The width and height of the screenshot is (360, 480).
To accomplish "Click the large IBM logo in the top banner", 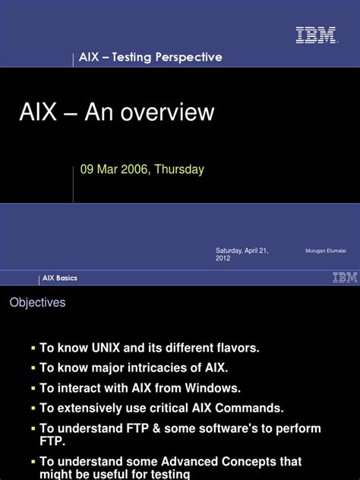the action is coord(316,35).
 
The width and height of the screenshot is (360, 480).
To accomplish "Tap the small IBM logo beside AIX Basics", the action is coord(345,276).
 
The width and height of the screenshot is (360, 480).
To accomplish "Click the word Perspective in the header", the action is coord(188,57).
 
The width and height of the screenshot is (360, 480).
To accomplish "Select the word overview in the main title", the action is coord(167,112).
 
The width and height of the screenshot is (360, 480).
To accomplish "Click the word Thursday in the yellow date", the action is coord(179,169).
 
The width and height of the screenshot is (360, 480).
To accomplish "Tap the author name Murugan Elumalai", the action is coord(326,251).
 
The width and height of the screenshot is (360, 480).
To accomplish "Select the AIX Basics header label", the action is coord(60,278).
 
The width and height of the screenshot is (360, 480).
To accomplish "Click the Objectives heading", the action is coord(37,302).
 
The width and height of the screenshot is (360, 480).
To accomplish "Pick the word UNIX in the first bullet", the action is coord(106,348).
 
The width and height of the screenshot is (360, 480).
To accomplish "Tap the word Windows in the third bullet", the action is coord(213,388).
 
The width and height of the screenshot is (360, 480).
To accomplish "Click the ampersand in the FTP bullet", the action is coord(156,428).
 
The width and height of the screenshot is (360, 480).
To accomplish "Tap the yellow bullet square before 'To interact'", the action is coord(33,388).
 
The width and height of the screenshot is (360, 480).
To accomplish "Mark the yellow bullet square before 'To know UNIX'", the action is coord(33,349).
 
